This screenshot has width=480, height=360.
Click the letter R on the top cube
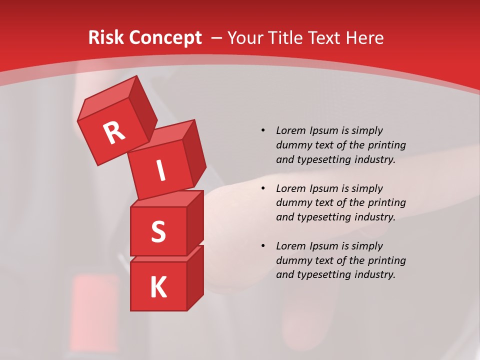pos(114,132)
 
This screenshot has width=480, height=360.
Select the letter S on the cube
pos(158,232)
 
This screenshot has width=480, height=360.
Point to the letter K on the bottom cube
pos(158,287)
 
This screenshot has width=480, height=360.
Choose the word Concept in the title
pos(164,38)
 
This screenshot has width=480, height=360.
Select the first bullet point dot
pos(263,130)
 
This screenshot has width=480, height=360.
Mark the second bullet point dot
pos(263,188)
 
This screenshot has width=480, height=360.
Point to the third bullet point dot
pos(263,246)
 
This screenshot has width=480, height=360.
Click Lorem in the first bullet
pos(290,130)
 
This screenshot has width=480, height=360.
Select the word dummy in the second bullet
pos(292,203)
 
